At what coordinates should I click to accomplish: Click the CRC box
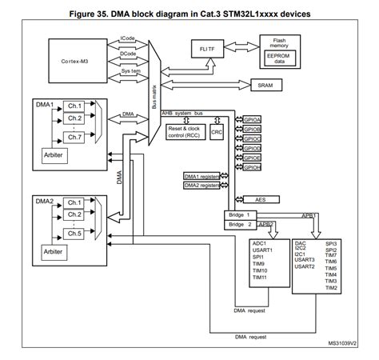pos(217,131)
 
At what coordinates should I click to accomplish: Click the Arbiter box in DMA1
pos(53,154)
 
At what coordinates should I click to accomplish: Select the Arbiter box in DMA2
pos(53,250)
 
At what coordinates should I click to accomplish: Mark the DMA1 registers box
pos(201,175)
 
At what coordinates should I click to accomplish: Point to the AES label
pos(261,200)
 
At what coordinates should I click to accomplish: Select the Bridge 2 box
pos(240,225)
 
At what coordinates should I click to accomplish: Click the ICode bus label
pos(127,38)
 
